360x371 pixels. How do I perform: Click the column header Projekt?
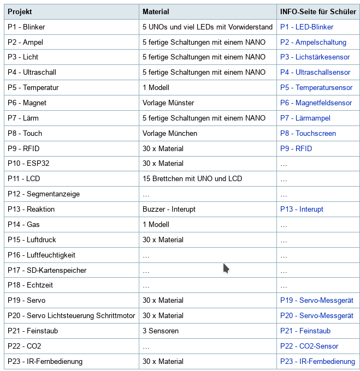click(x=20, y=11)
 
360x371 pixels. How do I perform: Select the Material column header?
click(x=156, y=11)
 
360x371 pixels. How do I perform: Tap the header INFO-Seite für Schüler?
click(x=318, y=11)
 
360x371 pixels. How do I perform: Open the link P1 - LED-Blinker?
click(x=306, y=27)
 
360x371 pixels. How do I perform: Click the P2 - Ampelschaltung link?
click(x=313, y=42)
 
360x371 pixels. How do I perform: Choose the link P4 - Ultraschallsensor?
click(x=315, y=72)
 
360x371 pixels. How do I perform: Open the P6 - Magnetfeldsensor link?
click(x=316, y=103)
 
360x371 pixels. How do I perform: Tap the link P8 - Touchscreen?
click(x=308, y=133)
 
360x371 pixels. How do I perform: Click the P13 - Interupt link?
click(x=302, y=209)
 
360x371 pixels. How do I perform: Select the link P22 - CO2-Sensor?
click(x=309, y=346)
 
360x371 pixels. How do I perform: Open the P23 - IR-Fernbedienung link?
click(x=317, y=361)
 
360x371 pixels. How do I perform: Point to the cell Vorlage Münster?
click(x=168, y=103)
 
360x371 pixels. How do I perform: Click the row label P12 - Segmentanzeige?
click(x=44, y=194)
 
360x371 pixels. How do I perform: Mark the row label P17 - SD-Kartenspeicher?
click(x=47, y=270)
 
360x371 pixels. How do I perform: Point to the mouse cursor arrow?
click(x=226, y=268)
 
